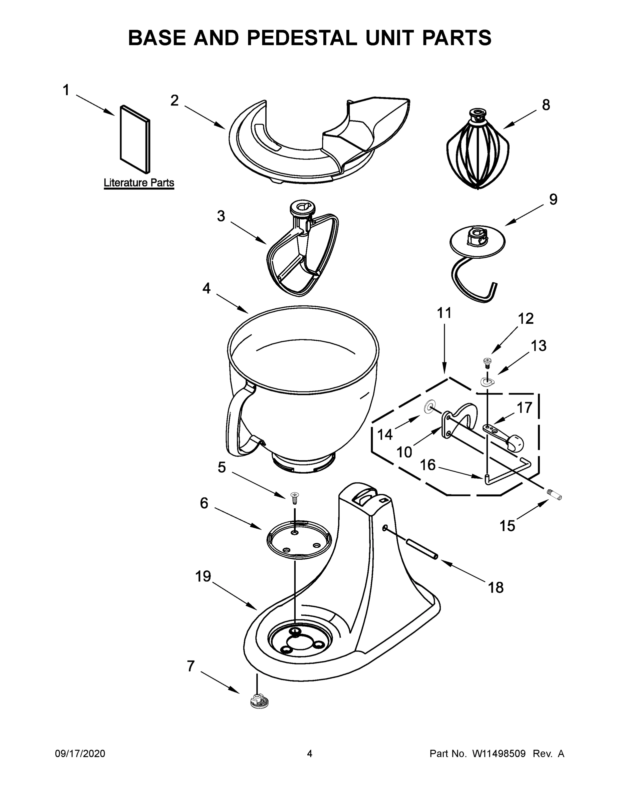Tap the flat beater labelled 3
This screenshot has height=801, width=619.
pyautogui.click(x=303, y=253)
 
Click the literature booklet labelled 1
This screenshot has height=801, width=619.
pyautogui.click(x=135, y=140)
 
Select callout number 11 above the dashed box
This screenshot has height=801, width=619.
pyautogui.click(x=444, y=313)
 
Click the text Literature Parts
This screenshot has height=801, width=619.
pyautogui.click(x=138, y=182)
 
